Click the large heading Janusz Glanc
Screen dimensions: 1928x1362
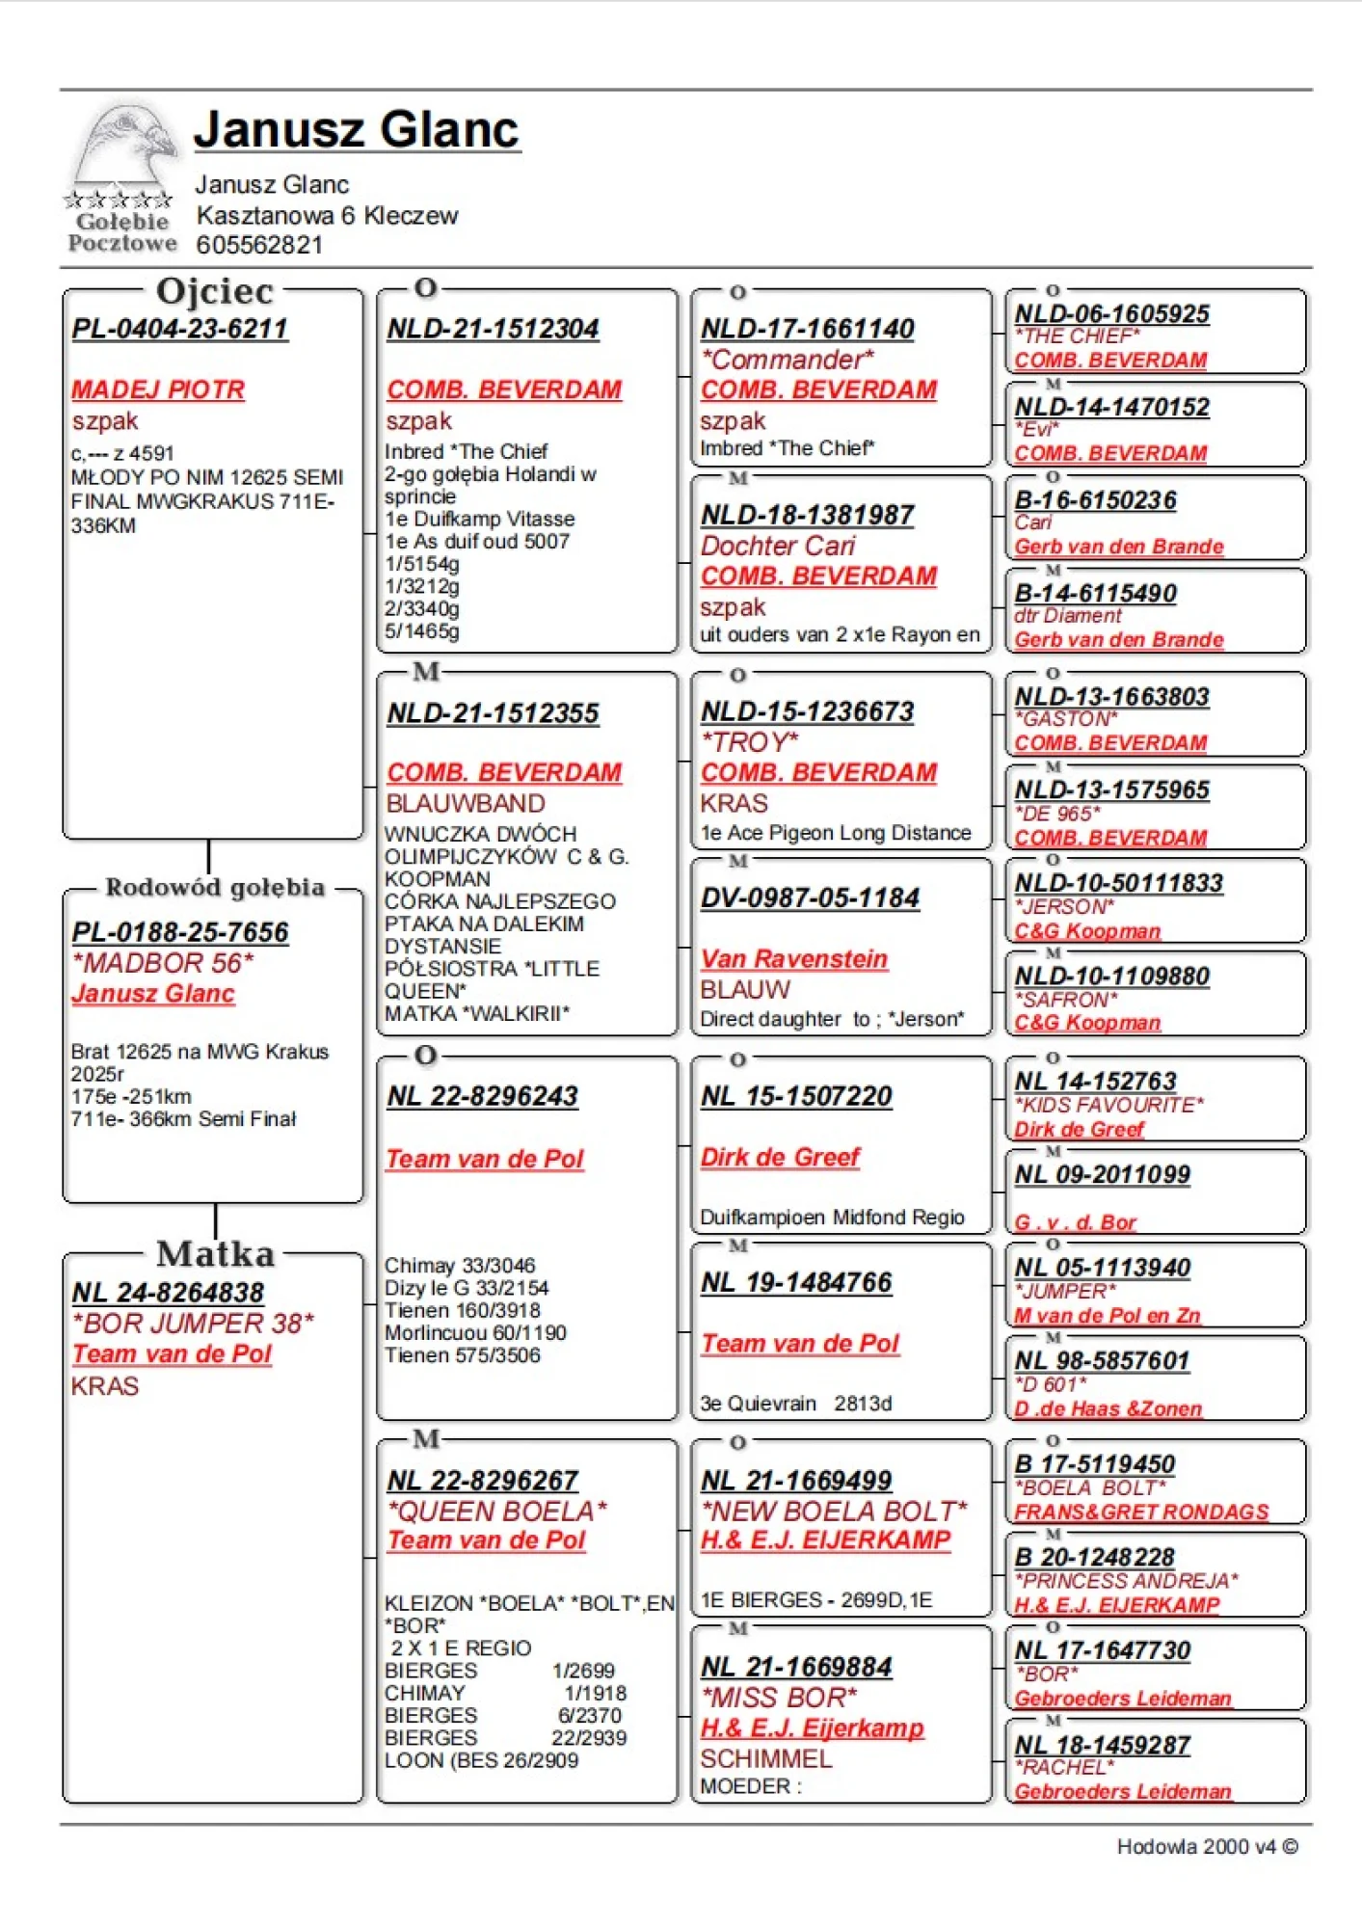[357, 129]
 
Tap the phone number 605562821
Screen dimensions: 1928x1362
[259, 245]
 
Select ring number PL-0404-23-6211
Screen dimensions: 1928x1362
[179, 329]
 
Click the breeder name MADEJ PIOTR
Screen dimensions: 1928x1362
[158, 389]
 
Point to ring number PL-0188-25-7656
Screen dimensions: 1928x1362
[179, 932]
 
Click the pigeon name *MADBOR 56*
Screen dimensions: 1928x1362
[163, 962]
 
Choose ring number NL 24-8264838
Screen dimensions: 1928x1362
[168, 1293]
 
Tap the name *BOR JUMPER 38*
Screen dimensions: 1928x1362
[193, 1323]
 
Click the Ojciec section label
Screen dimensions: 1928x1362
[214, 291]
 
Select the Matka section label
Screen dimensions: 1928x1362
[215, 1253]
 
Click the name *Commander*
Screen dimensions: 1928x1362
[788, 360]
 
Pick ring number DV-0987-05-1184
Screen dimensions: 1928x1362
[810, 897]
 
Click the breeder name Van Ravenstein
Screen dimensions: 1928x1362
[793, 959]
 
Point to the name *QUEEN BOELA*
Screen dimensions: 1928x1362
[496, 1511]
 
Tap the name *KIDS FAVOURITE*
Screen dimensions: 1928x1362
[1108, 1105]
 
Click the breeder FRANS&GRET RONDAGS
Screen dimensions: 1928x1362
[1141, 1512]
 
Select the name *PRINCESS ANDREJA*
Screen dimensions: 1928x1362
[1126, 1581]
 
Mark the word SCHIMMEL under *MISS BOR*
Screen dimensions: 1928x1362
[765, 1759]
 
